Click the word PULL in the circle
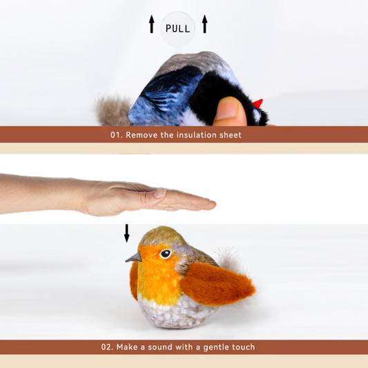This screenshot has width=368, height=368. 177,28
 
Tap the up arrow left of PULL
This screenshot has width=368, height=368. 151,26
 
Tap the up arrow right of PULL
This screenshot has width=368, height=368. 204,26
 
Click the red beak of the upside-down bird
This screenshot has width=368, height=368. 258,104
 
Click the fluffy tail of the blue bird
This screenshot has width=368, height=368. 113,110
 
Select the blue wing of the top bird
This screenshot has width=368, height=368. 166,97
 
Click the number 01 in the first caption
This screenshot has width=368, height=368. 116,135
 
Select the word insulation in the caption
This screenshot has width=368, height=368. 197,135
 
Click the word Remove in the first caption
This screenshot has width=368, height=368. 141,135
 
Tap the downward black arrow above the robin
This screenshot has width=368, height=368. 126,234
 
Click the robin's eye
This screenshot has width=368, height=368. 165,254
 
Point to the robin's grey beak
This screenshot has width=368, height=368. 134,258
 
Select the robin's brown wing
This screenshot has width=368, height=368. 221,285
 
